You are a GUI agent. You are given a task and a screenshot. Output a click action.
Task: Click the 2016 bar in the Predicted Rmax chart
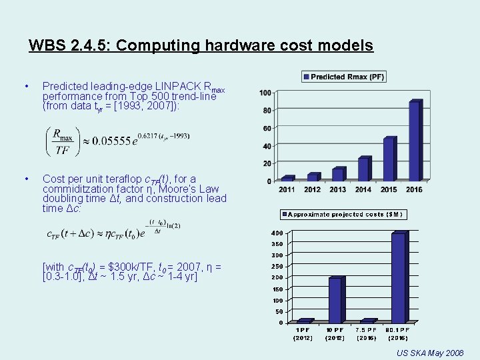(x=414, y=140)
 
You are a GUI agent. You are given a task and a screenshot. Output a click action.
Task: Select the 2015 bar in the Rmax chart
(x=389, y=159)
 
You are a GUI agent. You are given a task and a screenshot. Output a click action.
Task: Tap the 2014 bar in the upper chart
(x=363, y=169)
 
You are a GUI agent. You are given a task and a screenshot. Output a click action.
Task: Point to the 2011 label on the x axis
(x=287, y=189)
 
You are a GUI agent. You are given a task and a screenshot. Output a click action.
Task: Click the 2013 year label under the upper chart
(x=338, y=189)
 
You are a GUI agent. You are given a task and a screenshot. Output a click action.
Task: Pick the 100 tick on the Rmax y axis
(x=265, y=93)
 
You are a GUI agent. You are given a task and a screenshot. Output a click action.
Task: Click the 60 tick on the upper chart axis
(x=266, y=128)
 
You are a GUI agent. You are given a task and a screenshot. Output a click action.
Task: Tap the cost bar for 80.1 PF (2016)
(x=399, y=277)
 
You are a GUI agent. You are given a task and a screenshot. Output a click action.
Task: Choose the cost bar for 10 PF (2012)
(x=335, y=300)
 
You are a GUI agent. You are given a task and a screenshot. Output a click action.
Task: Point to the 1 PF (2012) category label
(x=303, y=333)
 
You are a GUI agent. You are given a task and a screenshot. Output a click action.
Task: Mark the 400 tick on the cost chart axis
(x=277, y=233)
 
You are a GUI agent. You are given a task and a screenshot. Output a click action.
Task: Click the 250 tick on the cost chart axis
(x=277, y=267)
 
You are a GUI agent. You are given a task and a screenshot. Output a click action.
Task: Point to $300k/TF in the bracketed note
(x=117, y=267)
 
